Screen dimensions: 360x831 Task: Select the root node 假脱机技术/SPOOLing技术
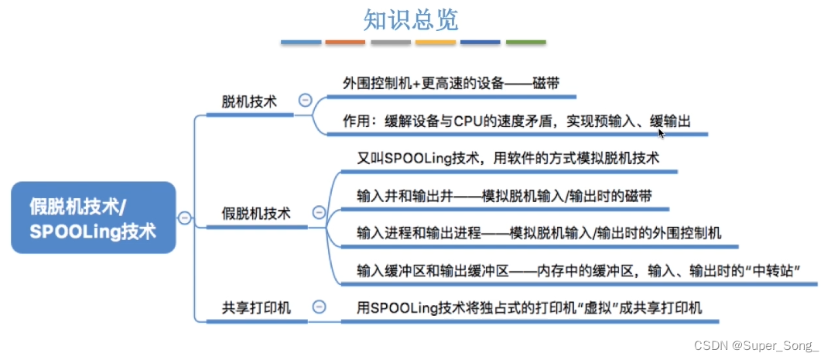[93, 217]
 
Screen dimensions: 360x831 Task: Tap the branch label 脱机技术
[249, 101]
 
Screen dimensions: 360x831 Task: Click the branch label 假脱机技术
[256, 213]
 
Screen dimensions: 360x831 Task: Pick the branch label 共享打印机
[256, 307]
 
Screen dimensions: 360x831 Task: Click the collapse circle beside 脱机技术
[306, 101]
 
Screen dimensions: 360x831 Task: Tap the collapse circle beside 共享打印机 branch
[317, 307]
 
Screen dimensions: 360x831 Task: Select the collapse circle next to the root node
[184, 218]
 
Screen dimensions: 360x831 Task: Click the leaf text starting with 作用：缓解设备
[515, 121]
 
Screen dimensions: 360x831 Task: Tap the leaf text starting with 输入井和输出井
[504, 196]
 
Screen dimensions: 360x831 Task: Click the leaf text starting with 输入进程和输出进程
[539, 232]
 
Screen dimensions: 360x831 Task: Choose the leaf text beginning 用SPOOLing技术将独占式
[529, 307]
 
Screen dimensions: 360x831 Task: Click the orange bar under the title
[345, 42]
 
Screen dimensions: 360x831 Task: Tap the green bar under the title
[525, 42]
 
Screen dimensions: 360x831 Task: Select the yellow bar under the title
[436, 42]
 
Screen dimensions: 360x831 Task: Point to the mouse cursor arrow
[661, 133]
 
